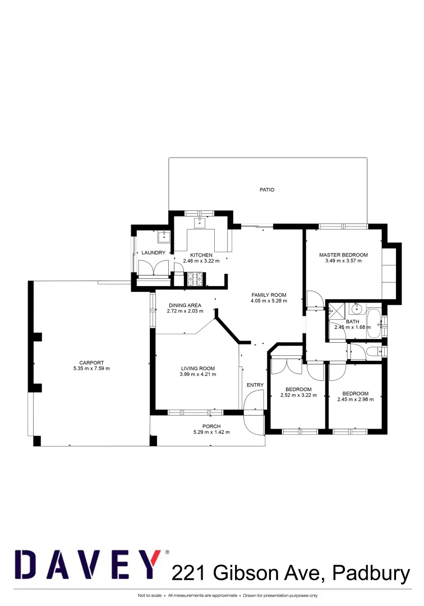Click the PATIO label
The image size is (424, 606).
(x=267, y=190)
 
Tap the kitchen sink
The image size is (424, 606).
(x=200, y=223)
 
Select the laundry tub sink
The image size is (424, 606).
(x=163, y=236)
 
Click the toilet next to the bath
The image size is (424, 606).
(x=371, y=352)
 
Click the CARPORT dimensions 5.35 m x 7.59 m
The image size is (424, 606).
(x=91, y=369)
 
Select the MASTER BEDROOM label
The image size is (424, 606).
(x=343, y=255)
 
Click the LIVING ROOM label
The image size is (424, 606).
(x=197, y=369)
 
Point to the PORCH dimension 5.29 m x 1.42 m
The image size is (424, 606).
(x=211, y=432)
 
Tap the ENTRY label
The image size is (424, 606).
(x=255, y=385)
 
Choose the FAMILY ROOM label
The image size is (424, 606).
(x=269, y=295)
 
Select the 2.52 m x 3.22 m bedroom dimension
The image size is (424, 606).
(x=298, y=395)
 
